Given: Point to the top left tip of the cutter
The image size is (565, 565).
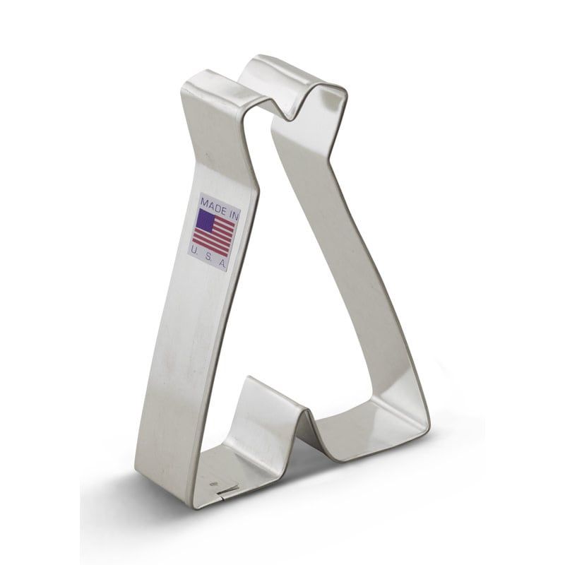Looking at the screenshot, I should pos(189,83).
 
